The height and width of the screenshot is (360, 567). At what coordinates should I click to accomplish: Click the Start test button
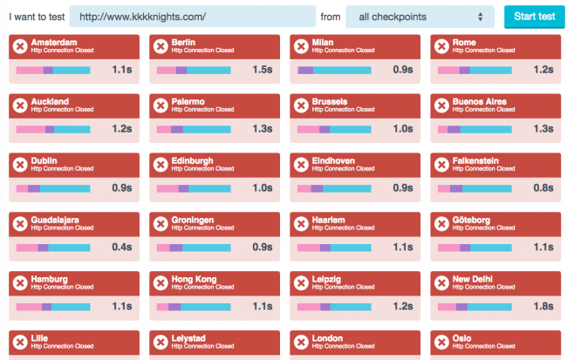tap(535, 17)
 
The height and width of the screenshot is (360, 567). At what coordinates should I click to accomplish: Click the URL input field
tap(192, 17)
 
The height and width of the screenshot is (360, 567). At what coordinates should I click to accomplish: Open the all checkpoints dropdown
tap(419, 17)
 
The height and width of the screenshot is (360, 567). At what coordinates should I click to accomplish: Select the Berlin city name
tap(185, 42)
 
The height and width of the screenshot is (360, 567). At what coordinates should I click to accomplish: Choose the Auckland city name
tap(50, 102)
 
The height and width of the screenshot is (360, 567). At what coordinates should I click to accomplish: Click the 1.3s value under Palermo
tap(262, 129)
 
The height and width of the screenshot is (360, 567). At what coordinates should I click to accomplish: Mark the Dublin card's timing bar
tap(53, 188)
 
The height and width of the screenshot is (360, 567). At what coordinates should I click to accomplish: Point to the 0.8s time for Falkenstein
tap(543, 188)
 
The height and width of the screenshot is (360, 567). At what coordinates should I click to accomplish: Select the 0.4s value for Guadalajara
tap(121, 248)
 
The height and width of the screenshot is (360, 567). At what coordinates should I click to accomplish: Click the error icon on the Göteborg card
tap(441, 224)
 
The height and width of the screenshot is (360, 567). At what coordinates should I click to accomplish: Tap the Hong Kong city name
tap(195, 279)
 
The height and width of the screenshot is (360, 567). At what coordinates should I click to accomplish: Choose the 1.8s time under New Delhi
tap(543, 307)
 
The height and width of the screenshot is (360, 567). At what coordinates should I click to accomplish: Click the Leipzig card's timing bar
tap(334, 307)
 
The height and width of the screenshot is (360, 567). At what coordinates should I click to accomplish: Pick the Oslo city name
tap(462, 338)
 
